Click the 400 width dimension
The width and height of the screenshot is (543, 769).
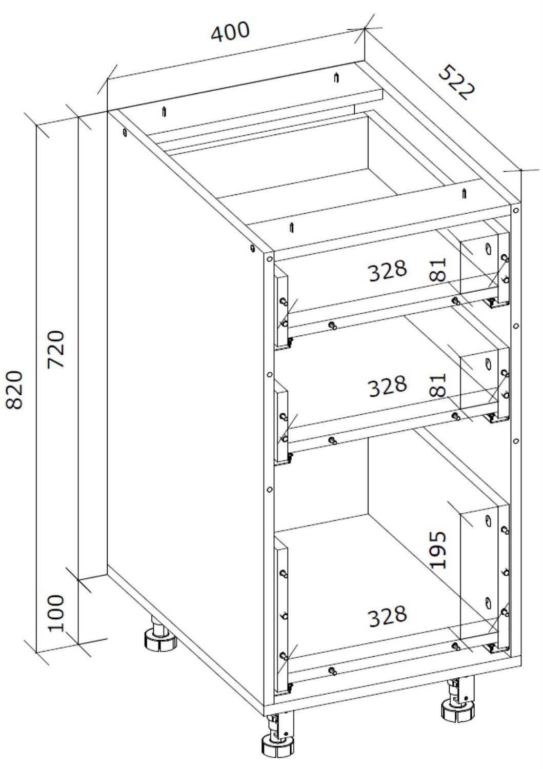tap(230, 32)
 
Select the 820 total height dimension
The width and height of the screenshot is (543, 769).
tap(14, 390)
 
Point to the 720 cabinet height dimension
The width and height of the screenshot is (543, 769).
tap(56, 349)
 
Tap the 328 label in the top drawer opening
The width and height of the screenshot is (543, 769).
tap(388, 270)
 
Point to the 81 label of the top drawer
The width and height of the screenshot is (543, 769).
tap(438, 270)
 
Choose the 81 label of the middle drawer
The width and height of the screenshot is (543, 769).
tap(438, 385)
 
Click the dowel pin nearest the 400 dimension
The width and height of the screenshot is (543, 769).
tap(336, 77)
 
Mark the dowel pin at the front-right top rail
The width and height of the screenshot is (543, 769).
tap(464, 193)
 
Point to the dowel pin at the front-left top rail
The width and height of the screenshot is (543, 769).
tap(292, 227)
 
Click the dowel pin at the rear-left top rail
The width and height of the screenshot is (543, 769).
tap(165, 112)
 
